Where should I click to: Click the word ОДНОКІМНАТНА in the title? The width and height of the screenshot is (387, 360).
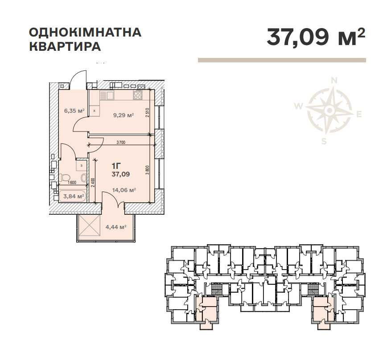85,33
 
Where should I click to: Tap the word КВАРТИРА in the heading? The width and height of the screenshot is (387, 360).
65,46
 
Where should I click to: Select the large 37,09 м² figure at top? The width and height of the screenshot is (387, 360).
316,37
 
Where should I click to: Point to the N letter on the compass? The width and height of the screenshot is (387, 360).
333,81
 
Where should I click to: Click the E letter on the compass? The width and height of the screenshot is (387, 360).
358,115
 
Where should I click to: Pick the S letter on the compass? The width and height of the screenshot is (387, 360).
325,142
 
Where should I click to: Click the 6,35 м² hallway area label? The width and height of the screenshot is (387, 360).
74,111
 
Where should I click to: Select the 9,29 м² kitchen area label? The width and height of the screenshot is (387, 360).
124,115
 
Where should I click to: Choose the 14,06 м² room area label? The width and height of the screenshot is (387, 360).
125,190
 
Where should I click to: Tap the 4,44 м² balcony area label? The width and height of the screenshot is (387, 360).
115,227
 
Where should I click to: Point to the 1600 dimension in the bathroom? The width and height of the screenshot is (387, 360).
72,182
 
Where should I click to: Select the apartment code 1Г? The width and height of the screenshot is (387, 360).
117,165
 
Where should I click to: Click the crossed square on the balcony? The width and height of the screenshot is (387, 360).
90,228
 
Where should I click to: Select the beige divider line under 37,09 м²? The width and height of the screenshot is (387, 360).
282,60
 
